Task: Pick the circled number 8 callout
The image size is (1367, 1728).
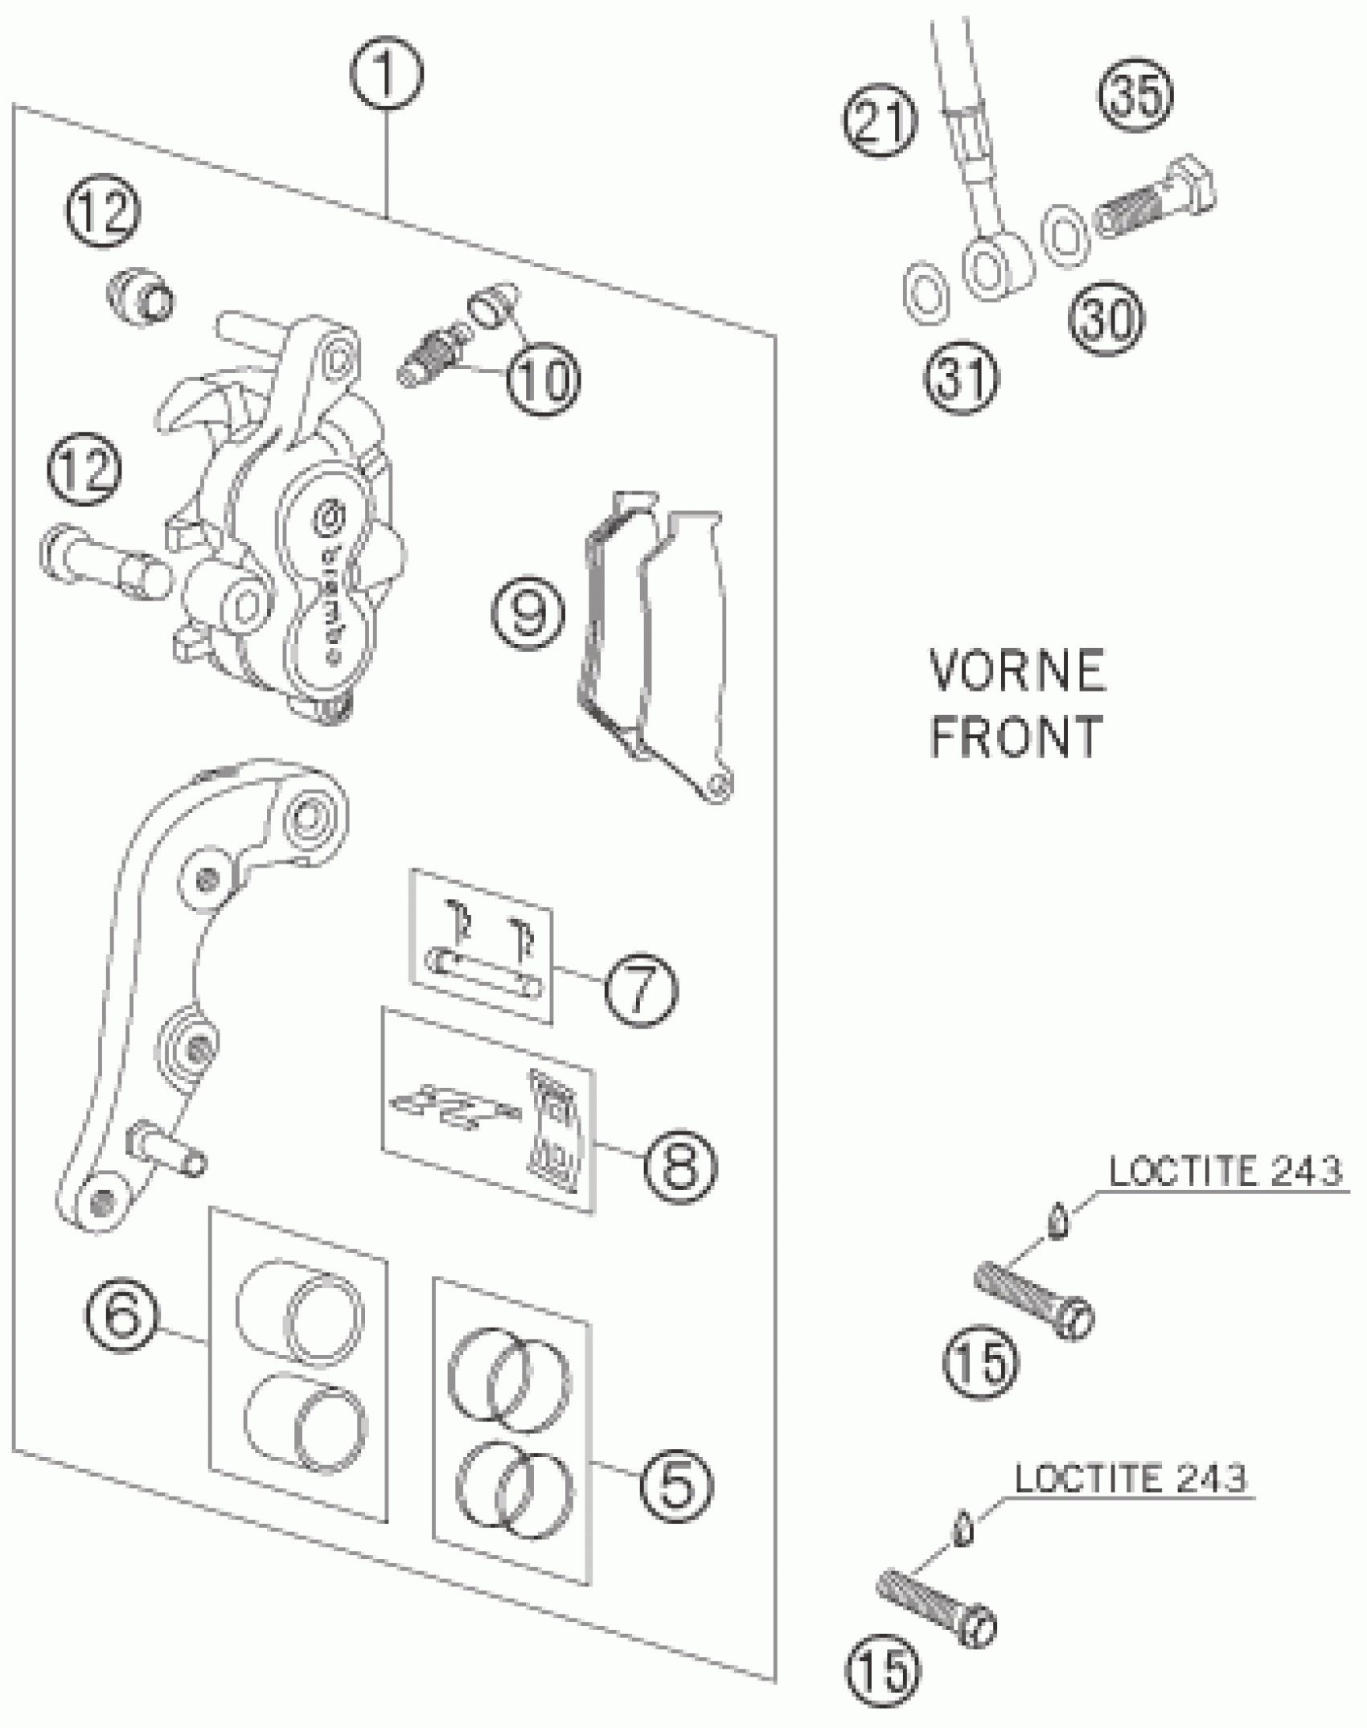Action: point(680,1164)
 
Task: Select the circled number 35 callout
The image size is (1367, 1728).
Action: point(1137,95)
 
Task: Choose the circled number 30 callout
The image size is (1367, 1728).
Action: point(1106,319)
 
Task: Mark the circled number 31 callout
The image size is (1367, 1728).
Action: point(962,376)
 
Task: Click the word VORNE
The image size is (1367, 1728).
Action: point(1017,671)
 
